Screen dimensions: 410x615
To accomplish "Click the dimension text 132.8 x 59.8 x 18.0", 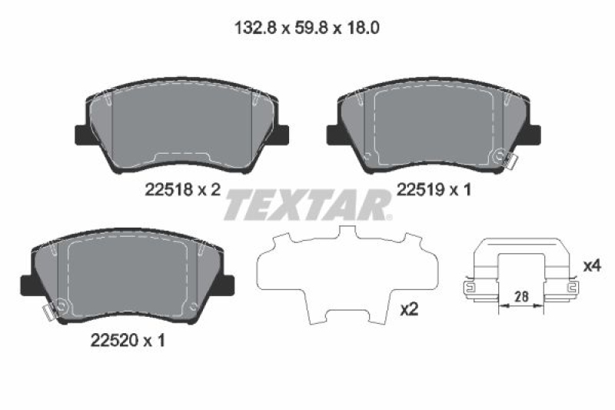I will [x=307, y=28].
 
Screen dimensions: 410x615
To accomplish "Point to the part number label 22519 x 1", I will [x=433, y=190].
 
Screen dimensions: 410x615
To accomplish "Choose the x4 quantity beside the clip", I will [x=591, y=266].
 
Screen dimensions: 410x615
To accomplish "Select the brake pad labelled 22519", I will [x=433, y=127].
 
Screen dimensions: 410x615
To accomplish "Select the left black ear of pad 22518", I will [x=81, y=134].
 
